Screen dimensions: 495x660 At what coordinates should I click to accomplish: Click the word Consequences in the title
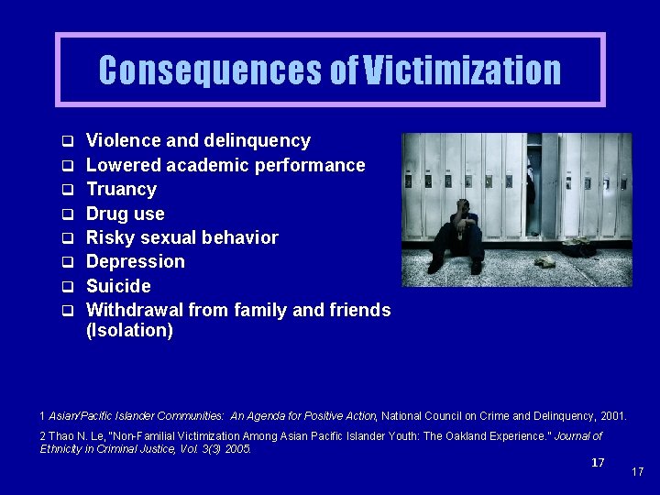(212, 71)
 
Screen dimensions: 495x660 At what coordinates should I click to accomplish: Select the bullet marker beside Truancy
(67, 191)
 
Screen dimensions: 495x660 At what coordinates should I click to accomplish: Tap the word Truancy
(121, 190)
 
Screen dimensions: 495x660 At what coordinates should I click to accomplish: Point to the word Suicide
(118, 286)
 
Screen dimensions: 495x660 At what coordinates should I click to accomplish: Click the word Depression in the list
(135, 262)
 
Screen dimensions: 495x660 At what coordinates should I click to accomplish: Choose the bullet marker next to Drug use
(67, 214)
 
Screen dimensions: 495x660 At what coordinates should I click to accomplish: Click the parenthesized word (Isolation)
(129, 331)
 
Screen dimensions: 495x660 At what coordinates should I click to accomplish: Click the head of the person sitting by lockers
(464, 206)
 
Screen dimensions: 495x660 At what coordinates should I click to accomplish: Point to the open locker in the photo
(533, 183)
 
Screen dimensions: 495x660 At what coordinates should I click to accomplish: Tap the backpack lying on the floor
(578, 247)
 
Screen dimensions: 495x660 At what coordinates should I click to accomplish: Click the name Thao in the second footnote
(60, 436)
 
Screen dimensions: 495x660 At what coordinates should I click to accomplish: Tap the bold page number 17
(598, 463)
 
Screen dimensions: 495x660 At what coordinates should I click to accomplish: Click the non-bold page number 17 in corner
(638, 472)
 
